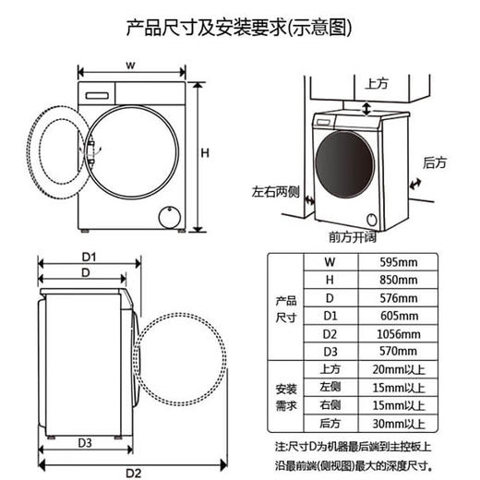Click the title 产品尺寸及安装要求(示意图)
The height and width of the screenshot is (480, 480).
239,27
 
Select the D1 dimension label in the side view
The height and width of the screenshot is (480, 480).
89,256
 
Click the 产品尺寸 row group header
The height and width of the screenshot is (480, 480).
286,307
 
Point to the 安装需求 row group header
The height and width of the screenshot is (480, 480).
286,395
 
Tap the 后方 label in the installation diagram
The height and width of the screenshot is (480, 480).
434,162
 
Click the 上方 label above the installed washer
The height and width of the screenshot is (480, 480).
377,84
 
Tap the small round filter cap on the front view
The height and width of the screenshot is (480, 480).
168,217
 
